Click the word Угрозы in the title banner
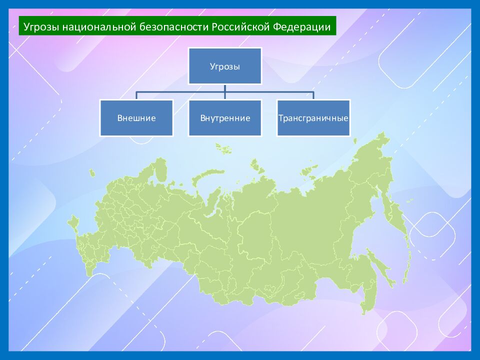(41, 26)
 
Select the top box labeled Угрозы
(225, 66)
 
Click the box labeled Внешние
(136, 118)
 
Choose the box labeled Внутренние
(225, 118)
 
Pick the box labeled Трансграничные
(313, 118)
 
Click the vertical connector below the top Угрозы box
(225, 88)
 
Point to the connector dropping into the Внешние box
(136, 95)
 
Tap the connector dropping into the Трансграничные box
(313, 95)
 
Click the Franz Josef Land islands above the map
(223, 147)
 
